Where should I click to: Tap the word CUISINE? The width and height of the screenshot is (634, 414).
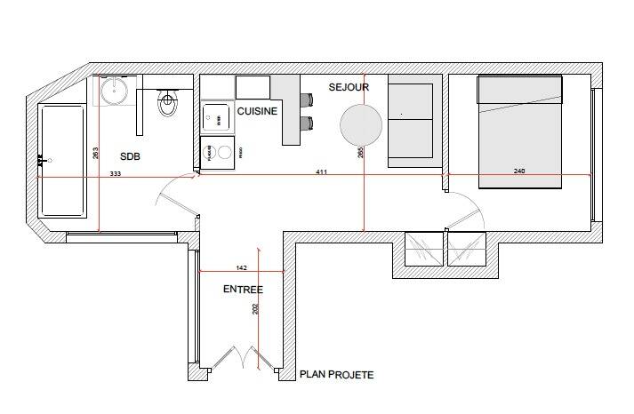257,111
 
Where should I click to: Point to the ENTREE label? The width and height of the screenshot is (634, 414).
243,290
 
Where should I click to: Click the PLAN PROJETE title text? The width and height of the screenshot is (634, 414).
337,375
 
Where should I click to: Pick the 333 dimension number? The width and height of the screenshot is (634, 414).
116,174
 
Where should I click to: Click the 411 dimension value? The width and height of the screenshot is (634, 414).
321,171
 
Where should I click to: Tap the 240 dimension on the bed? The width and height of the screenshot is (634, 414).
519,171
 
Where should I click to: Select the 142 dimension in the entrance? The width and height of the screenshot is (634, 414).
241,267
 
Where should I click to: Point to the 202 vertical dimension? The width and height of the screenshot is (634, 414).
255,309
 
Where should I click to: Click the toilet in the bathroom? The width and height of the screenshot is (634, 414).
166,106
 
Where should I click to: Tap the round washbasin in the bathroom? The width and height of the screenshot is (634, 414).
114,90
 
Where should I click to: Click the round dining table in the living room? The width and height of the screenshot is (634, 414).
362,125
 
